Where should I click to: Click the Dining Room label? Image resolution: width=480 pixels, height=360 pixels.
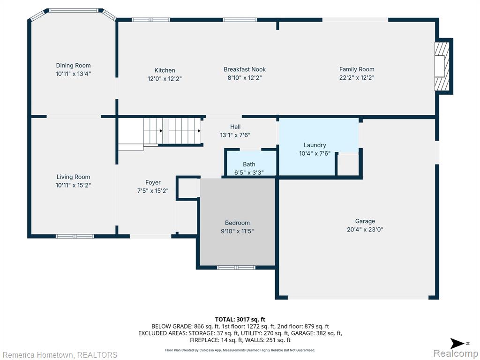[73, 65]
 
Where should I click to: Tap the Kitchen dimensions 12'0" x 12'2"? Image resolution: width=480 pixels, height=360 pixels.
[165, 79]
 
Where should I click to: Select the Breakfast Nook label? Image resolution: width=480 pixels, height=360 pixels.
[245, 69]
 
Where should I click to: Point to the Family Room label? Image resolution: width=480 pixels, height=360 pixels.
[357, 69]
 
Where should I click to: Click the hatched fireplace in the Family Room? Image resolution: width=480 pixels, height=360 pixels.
[442, 66]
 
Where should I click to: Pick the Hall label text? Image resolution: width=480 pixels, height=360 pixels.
[235, 127]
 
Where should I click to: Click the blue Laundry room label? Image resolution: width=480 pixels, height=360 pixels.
[315, 145]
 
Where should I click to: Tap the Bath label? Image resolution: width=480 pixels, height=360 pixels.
[249, 165]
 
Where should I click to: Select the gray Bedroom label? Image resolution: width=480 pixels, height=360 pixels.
[237, 223]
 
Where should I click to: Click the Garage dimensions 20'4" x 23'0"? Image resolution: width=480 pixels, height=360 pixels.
[365, 230]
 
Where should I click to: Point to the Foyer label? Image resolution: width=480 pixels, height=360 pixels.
[153, 182]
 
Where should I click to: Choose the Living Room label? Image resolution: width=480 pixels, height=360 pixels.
[73, 177]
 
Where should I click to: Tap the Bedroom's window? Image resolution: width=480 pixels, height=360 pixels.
[236, 268]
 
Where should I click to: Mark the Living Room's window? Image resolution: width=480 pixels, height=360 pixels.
[75, 236]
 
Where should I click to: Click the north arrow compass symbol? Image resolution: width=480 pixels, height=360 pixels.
[457, 343]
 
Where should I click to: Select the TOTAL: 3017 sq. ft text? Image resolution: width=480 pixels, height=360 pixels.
[240, 320]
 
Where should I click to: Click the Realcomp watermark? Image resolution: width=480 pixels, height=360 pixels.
[456, 353]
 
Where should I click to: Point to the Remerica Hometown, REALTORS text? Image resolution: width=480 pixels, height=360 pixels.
[60, 355]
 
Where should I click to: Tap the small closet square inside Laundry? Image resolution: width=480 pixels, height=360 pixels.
[348, 165]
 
